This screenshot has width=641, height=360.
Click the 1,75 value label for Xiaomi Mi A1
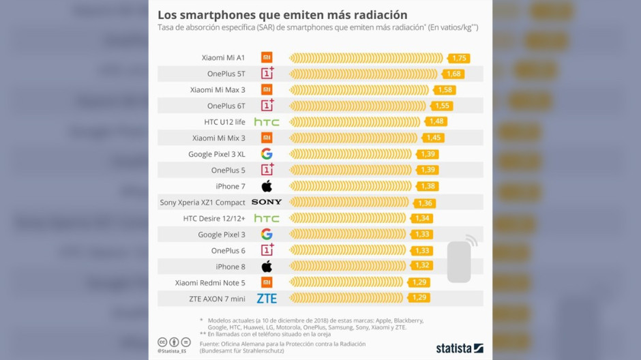[x=459, y=59]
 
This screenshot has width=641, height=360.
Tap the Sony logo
[x=267, y=202]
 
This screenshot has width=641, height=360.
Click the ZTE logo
[x=267, y=299]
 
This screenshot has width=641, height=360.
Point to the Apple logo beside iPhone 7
[x=267, y=186]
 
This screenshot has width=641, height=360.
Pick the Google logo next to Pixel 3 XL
[x=267, y=154]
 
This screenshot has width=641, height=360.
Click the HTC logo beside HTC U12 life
[x=267, y=122]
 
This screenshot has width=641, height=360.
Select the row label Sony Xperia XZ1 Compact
[x=203, y=202]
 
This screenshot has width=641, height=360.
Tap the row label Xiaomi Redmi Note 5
[x=210, y=283]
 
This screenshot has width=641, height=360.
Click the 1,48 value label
[x=436, y=122]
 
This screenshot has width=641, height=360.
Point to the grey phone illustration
[x=460, y=261]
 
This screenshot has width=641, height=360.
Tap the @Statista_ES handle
[x=172, y=352]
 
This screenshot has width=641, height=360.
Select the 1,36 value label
[x=425, y=202]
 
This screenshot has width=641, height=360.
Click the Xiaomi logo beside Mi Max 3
[x=267, y=90]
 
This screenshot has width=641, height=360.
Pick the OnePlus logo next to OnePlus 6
[x=267, y=251]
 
